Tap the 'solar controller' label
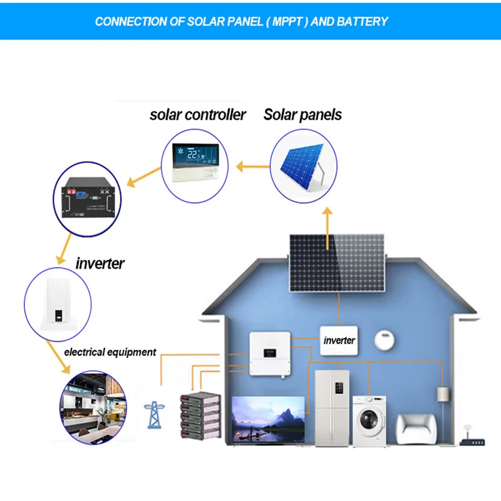(x=198, y=115)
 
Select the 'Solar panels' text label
(x=303, y=115)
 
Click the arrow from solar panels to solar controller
(x=254, y=167)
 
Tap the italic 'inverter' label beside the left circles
(x=100, y=264)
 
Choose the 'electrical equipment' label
(x=110, y=352)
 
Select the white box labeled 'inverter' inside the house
(x=339, y=340)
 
